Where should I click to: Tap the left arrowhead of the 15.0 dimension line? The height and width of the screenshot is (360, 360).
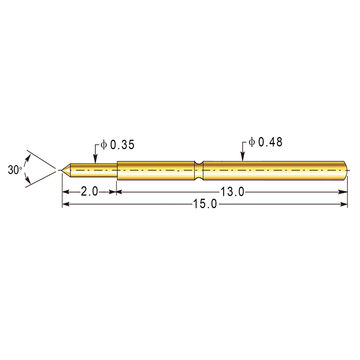point(66,205)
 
